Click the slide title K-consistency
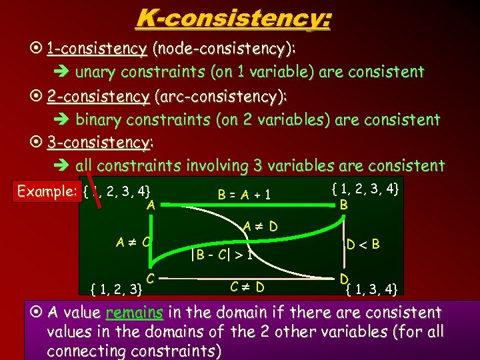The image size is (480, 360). [x=233, y=18]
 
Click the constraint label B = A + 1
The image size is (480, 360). [x=245, y=195]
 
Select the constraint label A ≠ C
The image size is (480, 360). [x=131, y=240]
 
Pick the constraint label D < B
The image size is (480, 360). [x=363, y=244]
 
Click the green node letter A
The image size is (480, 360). [x=151, y=205]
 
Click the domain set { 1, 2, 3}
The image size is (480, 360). [x=116, y=289]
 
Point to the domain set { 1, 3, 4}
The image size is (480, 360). [x=372, y=289]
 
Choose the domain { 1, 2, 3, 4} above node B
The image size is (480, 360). [x=365, y=190]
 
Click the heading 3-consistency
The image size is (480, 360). [x=99, y=143]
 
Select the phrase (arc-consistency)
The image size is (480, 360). [x=220, y=97]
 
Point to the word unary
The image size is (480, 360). [x=94, y=72]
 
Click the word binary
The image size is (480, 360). [x=97, y=120]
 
